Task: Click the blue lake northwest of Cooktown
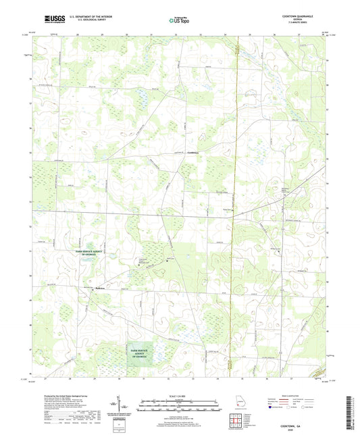[x=143, y=103]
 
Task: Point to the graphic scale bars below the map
[x=180, y=407]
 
